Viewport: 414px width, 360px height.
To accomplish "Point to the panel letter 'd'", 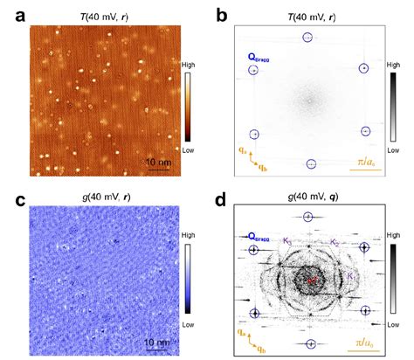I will coord(223,200).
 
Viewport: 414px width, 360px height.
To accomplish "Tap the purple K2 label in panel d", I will coord(336,241).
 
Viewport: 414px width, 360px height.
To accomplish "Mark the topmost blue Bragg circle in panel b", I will coord(307,38).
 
